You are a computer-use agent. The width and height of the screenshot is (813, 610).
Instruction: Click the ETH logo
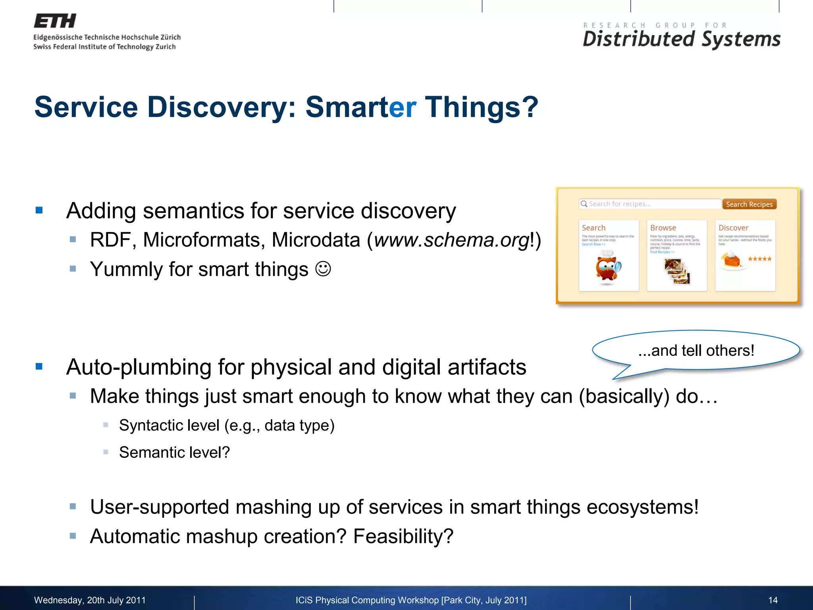55,21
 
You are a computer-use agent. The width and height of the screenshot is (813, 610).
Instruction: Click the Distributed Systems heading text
681,39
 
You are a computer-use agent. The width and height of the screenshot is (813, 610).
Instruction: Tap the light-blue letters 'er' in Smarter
403,107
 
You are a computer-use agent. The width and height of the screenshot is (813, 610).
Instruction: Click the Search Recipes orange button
749,204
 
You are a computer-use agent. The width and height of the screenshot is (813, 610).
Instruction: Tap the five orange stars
759,259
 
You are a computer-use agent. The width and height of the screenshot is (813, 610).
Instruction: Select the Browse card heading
663,228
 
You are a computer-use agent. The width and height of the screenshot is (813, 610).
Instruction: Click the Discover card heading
733,228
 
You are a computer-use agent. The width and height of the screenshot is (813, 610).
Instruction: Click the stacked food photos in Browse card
677,271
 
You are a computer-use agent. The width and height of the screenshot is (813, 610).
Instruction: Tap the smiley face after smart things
323,269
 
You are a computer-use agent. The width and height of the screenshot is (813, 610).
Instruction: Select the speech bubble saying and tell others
696,350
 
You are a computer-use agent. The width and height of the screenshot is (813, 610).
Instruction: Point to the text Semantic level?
174,452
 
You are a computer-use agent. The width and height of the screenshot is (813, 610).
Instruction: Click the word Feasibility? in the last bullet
403,537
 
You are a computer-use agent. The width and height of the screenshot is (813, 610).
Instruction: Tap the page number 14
773,600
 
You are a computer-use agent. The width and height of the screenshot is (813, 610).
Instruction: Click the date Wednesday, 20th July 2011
90,600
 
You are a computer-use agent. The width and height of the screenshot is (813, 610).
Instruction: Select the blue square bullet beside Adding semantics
39,210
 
